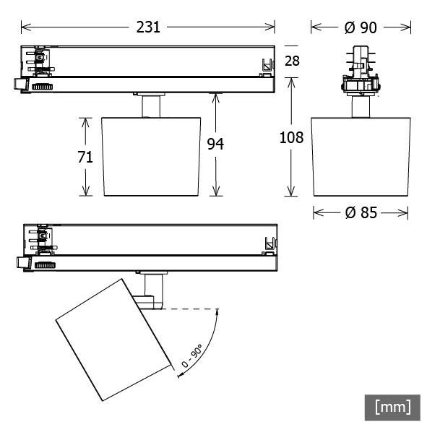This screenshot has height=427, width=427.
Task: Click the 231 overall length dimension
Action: click(148, 27)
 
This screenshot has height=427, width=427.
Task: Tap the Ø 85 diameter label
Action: click(361, 213)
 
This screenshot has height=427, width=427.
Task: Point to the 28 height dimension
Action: click(292, 61)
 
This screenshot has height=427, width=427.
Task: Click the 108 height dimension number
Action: click(291, 137)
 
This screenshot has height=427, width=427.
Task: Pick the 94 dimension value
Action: click(215, 145)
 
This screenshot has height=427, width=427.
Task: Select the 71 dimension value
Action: click(86, 157)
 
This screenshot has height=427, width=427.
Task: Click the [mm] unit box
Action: click(392, 407)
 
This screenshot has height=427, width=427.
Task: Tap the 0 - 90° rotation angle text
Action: click(191, 358)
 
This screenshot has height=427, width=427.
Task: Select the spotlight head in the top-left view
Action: click(151, 155)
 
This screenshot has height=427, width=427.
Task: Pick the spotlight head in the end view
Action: click(361, 155)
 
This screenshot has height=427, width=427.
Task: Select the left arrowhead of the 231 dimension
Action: click(24, 27)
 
